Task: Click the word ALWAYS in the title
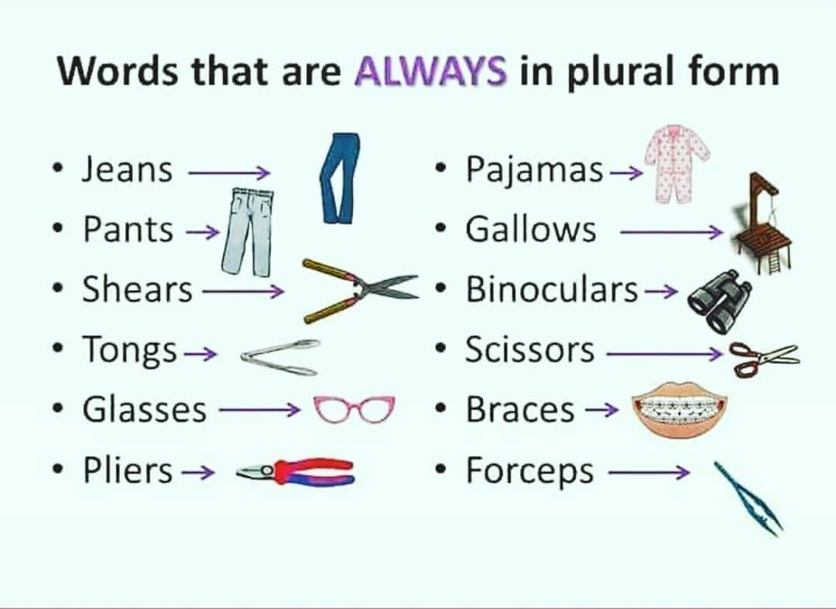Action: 431,72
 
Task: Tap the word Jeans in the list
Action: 128,169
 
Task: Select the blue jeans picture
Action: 340,179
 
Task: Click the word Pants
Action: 128,229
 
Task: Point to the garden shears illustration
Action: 360,289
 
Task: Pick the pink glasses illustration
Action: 354,409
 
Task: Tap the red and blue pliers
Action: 298,471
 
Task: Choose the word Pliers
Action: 128,470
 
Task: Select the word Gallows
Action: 531,229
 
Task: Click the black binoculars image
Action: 719,300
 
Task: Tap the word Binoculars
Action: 552,289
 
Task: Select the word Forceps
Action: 529,470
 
